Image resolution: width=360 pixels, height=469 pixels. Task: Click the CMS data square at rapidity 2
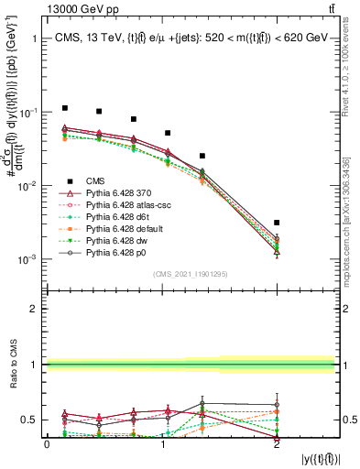click(277, 223)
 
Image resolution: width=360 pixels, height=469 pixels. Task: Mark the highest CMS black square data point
click(64, 108)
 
